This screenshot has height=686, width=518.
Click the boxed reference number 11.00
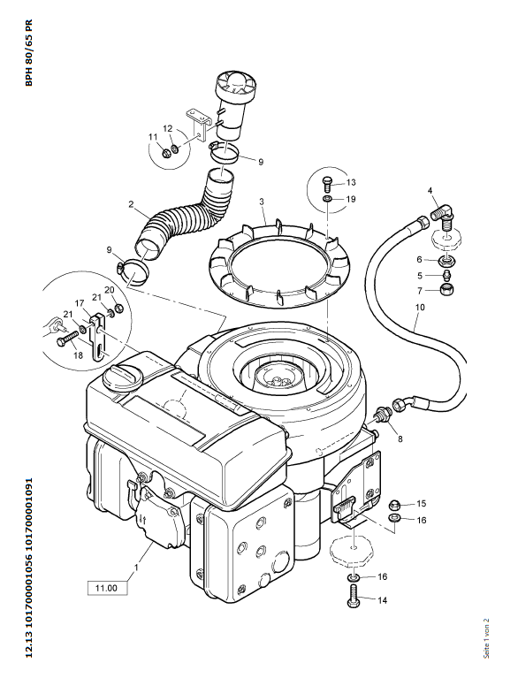coord(107,588)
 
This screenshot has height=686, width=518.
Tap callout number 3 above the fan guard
coord(261,202)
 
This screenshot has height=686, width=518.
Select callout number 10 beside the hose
coord(420,307)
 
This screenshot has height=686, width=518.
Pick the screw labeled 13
coord(327,183)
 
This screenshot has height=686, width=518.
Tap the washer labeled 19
coord(327,200)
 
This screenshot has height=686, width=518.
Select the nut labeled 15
coord(395,504)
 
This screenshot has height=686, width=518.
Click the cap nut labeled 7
coord(446,289)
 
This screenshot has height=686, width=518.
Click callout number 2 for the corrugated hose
coord(131,204)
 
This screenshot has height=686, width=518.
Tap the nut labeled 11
coord(166,154)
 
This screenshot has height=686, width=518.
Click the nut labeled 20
coord(120,309)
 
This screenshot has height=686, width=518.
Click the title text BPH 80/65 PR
coord(29,53)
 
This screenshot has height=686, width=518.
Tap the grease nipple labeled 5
coord(446,276)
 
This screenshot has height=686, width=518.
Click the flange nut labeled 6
coord(446,261)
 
